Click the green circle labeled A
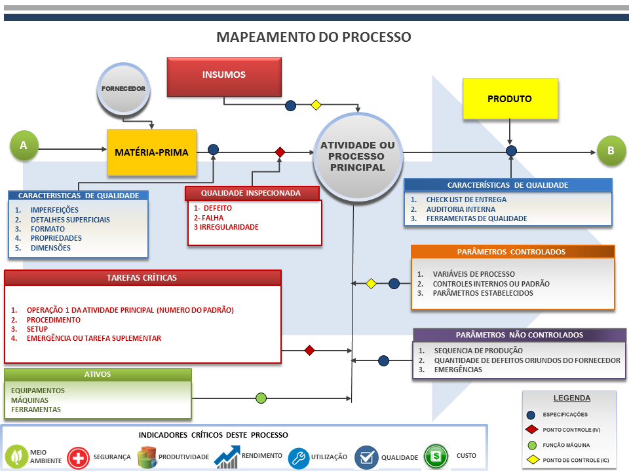(x=24, y=146)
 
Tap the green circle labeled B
(x=611, y=150)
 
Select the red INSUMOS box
(x=224, y=76)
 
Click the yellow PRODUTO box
(x=510, y=99)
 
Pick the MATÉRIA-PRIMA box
(x=151, y=152)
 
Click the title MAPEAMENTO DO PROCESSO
(x=314, y=37)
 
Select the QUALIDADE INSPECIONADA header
(x=252, y=193)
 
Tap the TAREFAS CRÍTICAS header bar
(x=142, y=277)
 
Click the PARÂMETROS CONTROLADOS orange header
(x=512, y=252)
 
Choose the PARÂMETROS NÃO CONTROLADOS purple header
(x=519, y=335)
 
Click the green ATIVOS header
(x=98, y=375)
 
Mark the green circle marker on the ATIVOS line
(x=261, y=398)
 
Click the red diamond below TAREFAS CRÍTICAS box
(x=310, y=351)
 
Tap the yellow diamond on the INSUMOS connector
(x=316, y=105)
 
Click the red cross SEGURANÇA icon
(x=78, y=457)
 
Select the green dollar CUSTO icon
(x=435, y=456)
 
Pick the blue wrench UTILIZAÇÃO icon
(x=298, y=457)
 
